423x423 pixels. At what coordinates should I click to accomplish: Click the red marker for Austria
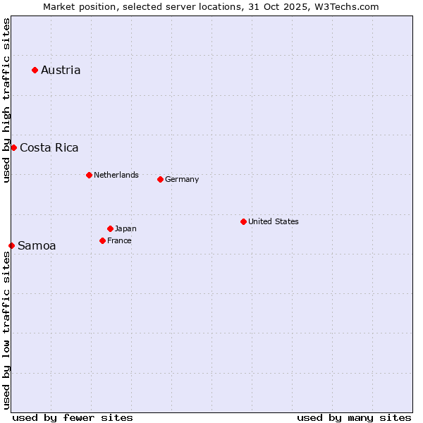(x=35, y=70)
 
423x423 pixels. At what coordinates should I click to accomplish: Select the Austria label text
(x=61, y=70)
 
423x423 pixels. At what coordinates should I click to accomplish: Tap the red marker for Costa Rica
(x=13, y=147)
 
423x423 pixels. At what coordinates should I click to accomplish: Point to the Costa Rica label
(x=49, y=147)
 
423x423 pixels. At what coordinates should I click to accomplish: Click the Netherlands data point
(x=89, y=175)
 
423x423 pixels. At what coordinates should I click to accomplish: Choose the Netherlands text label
(x=116, y=175)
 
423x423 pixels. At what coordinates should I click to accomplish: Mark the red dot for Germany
(x=160, y=179)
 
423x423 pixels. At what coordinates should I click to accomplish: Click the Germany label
(x=182, y=179)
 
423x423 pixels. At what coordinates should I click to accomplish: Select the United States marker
(x=243, y=221)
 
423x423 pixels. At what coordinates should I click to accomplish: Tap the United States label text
(x=274, y=221)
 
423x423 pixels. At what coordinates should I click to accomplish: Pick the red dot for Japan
(x=110, y=228)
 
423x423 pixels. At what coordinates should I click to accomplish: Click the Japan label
(x=125, y=228)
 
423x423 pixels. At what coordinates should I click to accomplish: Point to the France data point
(x=102, y=240)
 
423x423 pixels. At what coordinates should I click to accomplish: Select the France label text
(x=119, y=240)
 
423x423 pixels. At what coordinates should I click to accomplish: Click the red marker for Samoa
(x=11, y=245)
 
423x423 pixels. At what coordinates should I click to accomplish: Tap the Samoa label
(x=37, y=245)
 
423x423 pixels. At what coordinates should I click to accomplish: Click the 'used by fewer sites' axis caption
(x=73, y=417)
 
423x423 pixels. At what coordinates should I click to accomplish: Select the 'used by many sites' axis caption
(x=354, y=417)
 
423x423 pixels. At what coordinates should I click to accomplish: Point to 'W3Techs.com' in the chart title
(x=350, y=6)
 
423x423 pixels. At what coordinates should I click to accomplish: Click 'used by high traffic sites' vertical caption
(x=6, y=101)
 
